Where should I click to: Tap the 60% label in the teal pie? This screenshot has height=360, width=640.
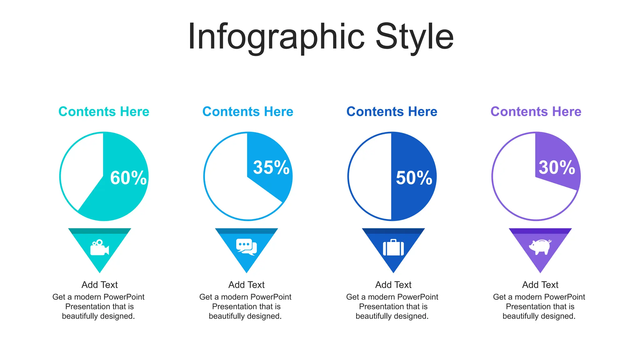coord(128,178)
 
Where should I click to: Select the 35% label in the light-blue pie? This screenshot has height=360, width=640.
coord(271,167)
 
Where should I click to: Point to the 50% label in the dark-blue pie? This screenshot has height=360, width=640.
coord(414,178)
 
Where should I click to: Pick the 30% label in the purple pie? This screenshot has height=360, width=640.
coord(557,167)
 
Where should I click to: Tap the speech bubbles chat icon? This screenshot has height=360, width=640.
coord(247,247)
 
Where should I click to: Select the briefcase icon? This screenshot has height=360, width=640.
coord(393,247)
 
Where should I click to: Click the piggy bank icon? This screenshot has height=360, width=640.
coord(540,247)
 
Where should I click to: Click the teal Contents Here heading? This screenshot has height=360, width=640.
coord(104,112)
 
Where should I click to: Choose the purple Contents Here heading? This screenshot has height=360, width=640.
coord(536,112)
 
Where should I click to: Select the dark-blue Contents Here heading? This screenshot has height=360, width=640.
coord(392,112)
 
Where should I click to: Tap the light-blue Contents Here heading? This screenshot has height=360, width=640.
coord(248,112)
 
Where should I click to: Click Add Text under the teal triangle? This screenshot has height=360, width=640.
coord(99,285)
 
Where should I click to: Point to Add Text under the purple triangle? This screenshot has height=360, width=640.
coord(540,285)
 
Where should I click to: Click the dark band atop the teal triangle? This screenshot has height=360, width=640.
coord(99,231)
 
